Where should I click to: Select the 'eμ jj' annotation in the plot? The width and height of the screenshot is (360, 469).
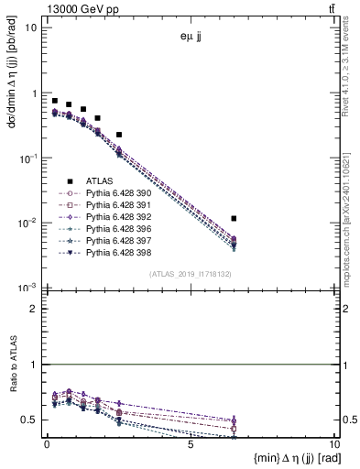191,38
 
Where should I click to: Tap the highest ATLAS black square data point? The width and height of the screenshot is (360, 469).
55,101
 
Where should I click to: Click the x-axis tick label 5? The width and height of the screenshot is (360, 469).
191,443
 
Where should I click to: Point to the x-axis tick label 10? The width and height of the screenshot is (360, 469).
333,443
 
